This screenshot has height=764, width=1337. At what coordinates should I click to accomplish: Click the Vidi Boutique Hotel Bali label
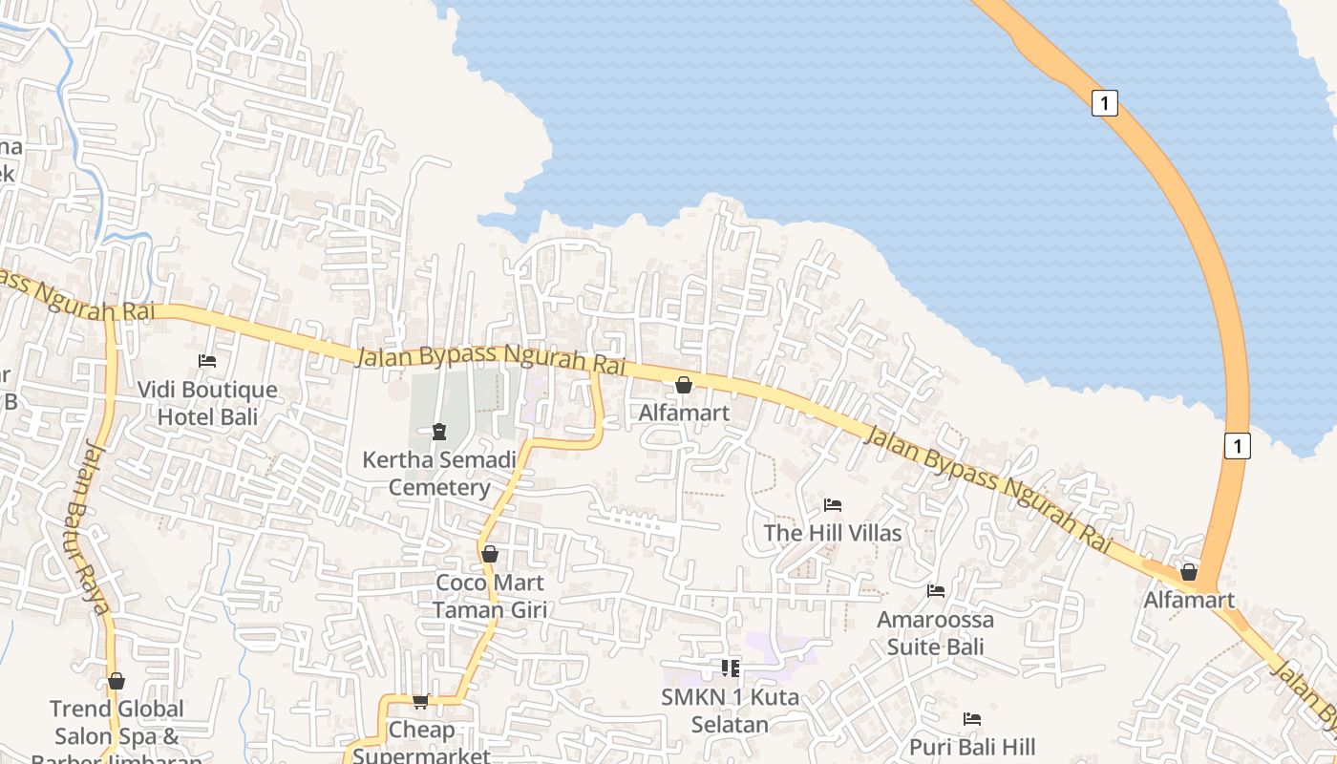207,403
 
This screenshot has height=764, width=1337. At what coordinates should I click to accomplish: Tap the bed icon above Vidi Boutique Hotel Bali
207,361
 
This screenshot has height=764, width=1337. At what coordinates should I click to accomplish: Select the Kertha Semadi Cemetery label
439,474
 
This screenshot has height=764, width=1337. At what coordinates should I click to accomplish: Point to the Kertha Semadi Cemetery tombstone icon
439,432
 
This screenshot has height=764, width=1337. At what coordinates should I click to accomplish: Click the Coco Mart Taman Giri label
489,596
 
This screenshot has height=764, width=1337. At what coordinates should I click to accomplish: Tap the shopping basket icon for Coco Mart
490,554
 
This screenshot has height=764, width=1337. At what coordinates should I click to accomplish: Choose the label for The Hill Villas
833,533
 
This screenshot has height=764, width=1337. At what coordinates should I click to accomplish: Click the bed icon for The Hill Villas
833,504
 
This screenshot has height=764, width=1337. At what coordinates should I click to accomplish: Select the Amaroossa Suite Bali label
936,632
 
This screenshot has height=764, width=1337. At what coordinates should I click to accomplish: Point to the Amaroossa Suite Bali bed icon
936,591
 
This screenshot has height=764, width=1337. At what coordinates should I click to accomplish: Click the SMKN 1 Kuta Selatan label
730,711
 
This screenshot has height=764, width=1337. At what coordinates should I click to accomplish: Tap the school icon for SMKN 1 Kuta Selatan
731,668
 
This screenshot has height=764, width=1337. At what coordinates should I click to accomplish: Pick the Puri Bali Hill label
972,747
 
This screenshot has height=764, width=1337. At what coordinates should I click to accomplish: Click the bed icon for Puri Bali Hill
972,719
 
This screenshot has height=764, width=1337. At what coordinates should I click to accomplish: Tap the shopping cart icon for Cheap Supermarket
421,702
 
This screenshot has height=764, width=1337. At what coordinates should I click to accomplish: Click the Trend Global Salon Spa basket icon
117,681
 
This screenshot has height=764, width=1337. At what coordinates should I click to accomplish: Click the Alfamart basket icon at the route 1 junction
1189,572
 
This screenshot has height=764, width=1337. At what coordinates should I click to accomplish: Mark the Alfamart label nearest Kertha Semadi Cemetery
684,413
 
